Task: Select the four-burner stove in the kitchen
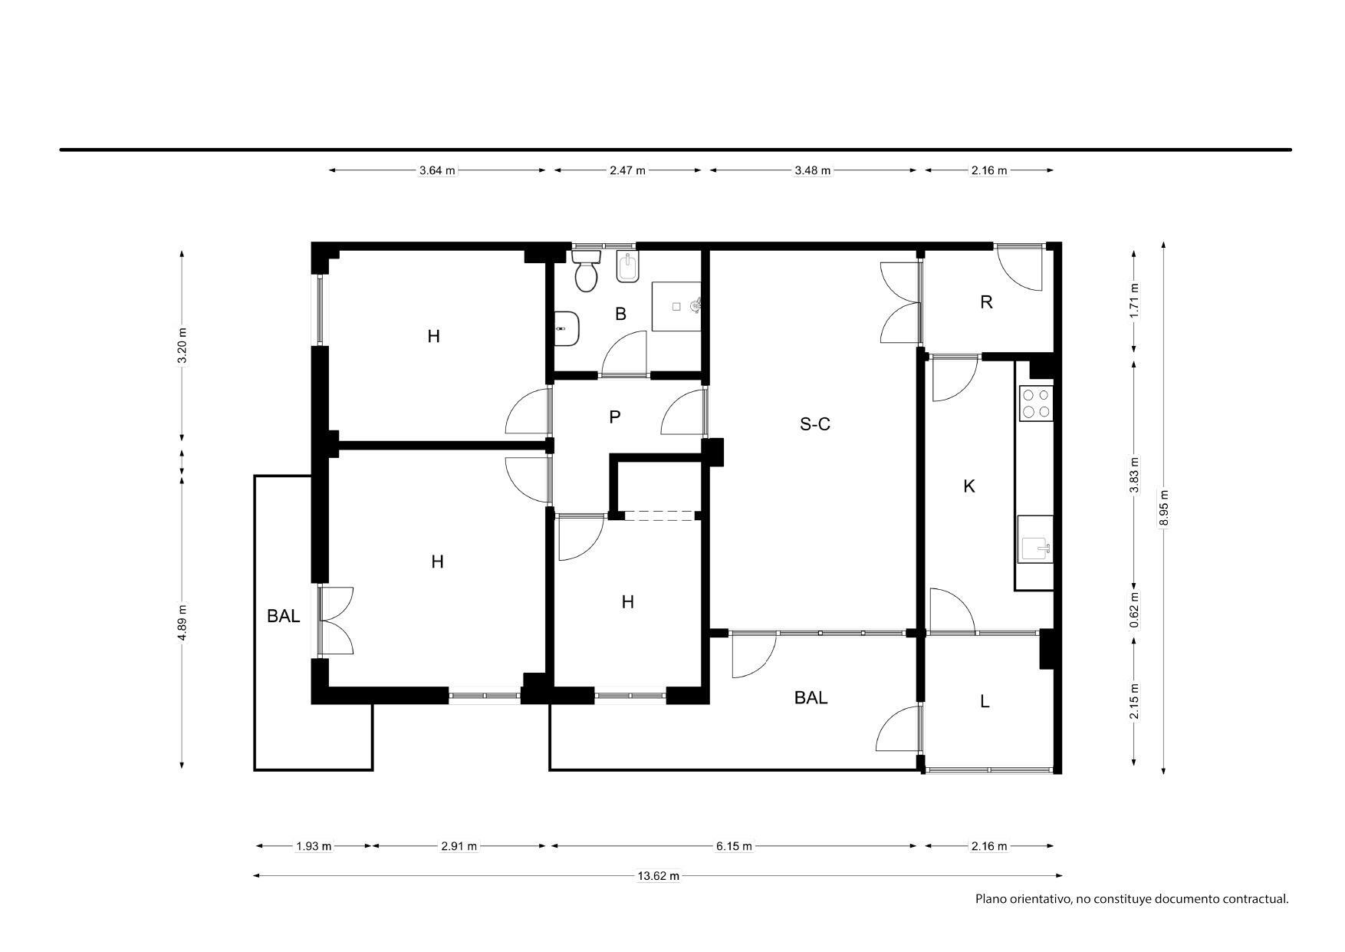coord(1035,404)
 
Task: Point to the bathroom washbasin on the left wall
coord(567,329)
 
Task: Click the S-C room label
coord(815,424)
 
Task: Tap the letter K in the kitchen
coord(969,486)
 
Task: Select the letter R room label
coord(986,302)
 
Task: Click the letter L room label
coord(985,701)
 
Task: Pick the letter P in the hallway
coord(614,417)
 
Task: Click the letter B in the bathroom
coord(620,314)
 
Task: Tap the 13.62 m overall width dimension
coord(658,876)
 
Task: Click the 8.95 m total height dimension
coord(1164,508)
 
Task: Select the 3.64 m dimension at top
coord(437,170)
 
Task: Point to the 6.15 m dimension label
coord(734,846)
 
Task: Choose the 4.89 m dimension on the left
coord(182,623)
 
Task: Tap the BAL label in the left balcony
coord(284,616)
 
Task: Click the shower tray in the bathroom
coord(676,306)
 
